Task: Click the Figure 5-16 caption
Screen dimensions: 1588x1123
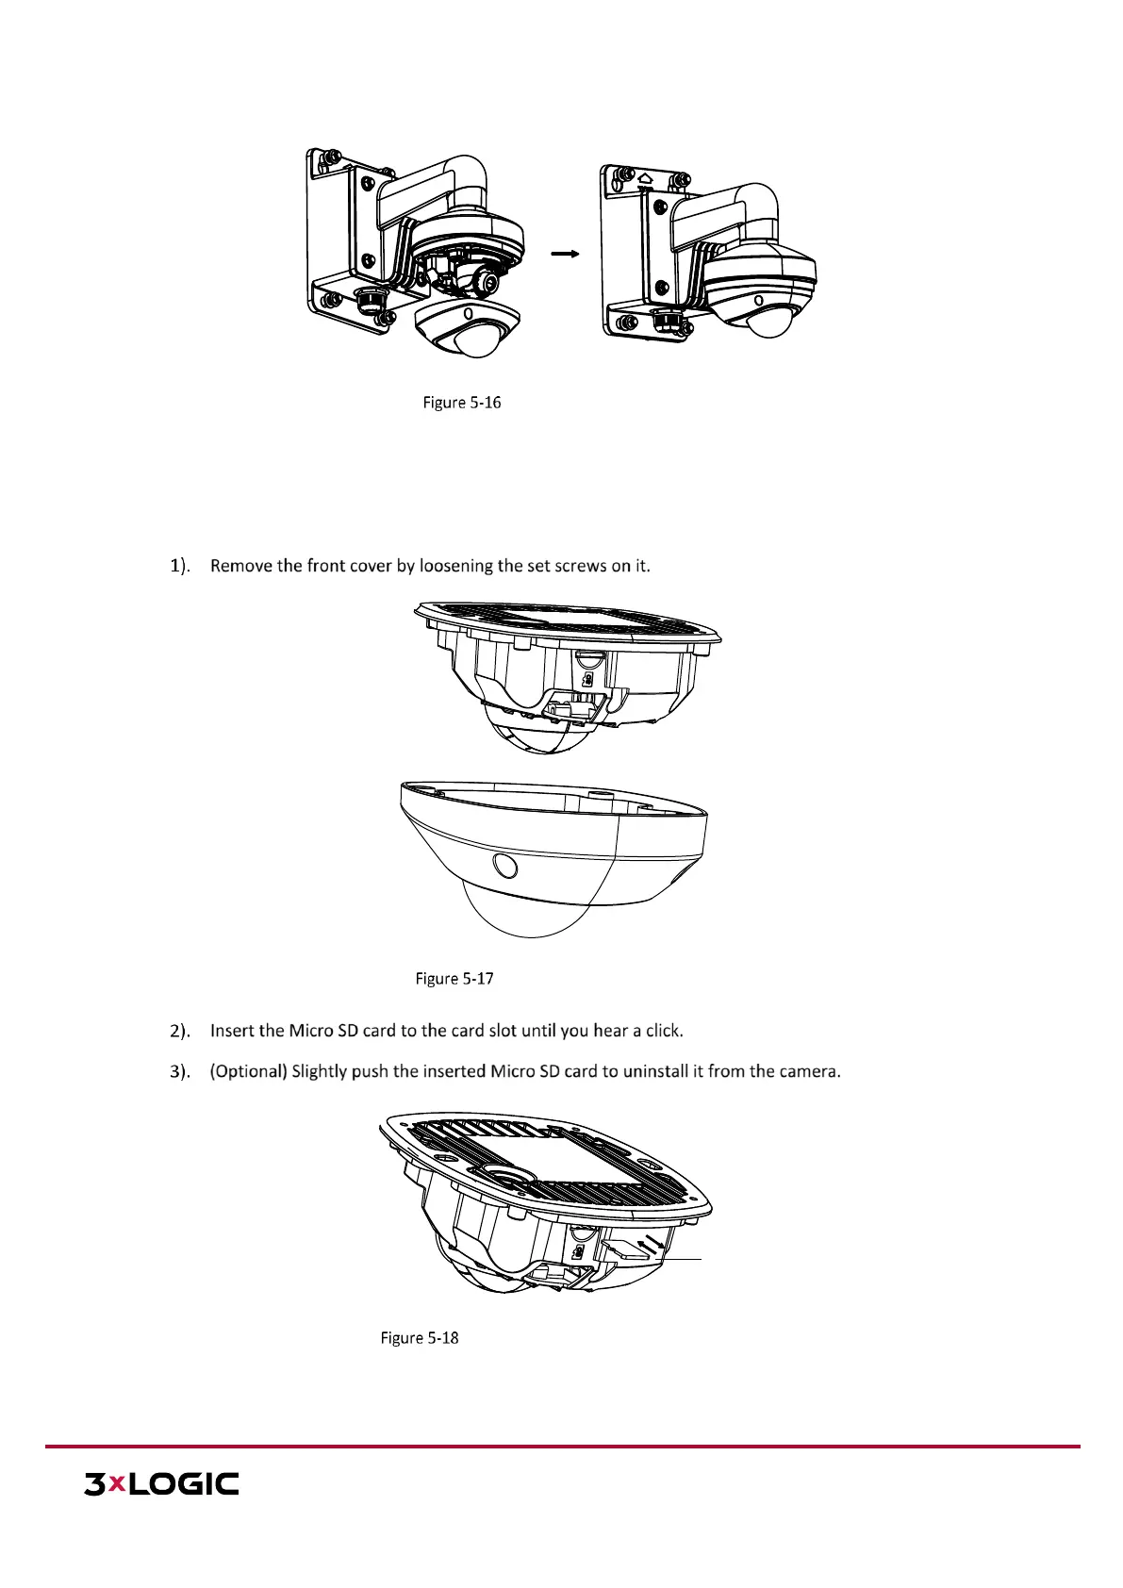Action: pos(461,403)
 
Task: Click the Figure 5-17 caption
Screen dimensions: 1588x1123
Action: pos(454,979)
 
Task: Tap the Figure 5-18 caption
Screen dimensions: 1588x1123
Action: pos(420,1338)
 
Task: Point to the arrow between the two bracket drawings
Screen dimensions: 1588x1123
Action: pos(564,254)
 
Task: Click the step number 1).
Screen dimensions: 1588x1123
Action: pos(179,566)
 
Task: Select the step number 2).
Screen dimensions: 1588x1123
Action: pos(179,1031)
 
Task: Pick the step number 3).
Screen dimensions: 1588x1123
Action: pos(179,1071)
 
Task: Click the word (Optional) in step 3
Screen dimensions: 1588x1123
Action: pos(248,1071)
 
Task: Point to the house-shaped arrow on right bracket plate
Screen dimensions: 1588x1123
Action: pos(645,176)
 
